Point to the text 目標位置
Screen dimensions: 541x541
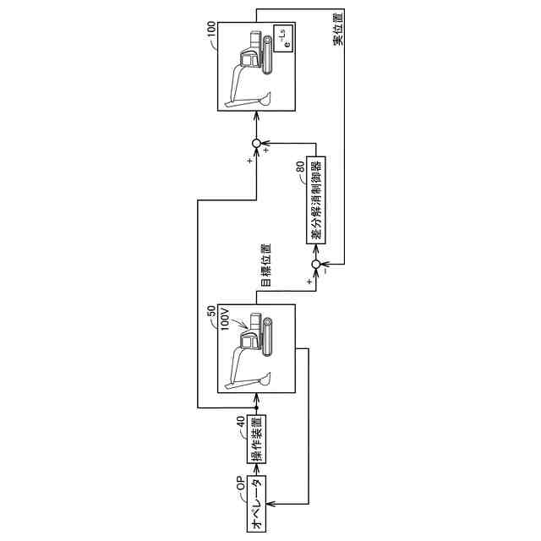[x=265, y=265]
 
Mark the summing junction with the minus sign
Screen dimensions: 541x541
[x=317, y=265]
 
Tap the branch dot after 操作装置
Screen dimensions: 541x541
[x=257, y=408]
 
